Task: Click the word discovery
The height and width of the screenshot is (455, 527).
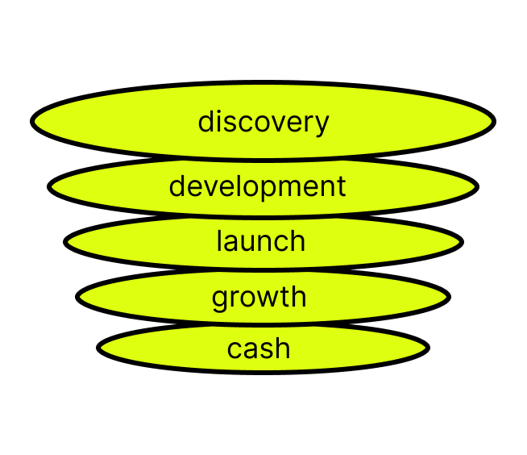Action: point(263,122)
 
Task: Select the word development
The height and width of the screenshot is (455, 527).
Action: point(257,186)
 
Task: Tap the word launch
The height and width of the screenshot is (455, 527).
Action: point(260,241)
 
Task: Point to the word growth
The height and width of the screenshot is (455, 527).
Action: point(259,297)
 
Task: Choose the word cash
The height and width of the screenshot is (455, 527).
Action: point(259,349)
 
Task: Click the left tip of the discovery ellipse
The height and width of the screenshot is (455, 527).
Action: point(36,122)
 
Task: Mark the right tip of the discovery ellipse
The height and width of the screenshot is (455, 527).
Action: point(491,122)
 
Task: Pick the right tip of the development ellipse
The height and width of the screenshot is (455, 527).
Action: point(474,186)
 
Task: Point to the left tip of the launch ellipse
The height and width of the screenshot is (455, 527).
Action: point(69,241)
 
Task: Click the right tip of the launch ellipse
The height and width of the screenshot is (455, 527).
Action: point(459,241)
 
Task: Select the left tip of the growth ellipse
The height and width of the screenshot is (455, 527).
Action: point(81,296)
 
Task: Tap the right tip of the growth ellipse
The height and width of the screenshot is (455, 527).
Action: point(446,296)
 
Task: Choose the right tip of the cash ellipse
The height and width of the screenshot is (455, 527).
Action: point(425,349)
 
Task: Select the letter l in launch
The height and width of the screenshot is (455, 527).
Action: point(219,240)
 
